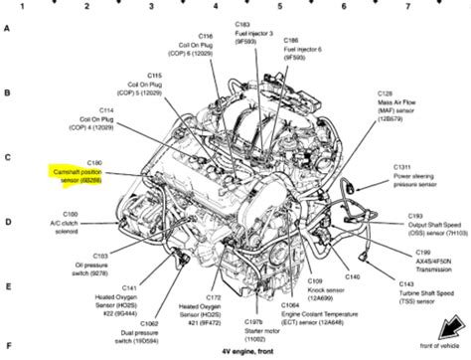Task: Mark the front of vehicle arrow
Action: pyautogui.click(x=448, y=338)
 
